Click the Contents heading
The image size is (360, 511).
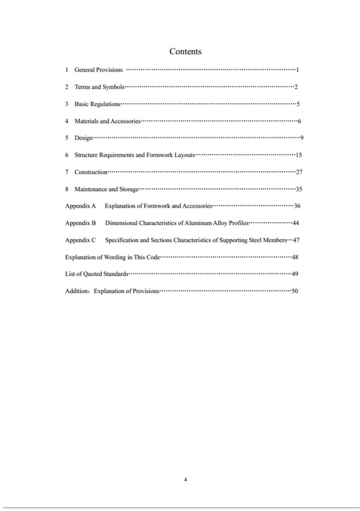185,52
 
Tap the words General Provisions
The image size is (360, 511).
98,70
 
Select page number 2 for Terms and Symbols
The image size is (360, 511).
296,88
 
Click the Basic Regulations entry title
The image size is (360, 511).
97,104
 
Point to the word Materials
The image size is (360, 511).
88,121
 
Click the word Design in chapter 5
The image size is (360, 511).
83,138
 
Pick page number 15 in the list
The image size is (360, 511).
298,155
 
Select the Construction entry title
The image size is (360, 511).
91,172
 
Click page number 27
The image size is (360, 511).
298,172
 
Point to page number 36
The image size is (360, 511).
296,206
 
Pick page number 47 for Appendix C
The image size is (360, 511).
296,240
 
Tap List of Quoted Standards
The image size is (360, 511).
96,274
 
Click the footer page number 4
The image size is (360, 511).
186,480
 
